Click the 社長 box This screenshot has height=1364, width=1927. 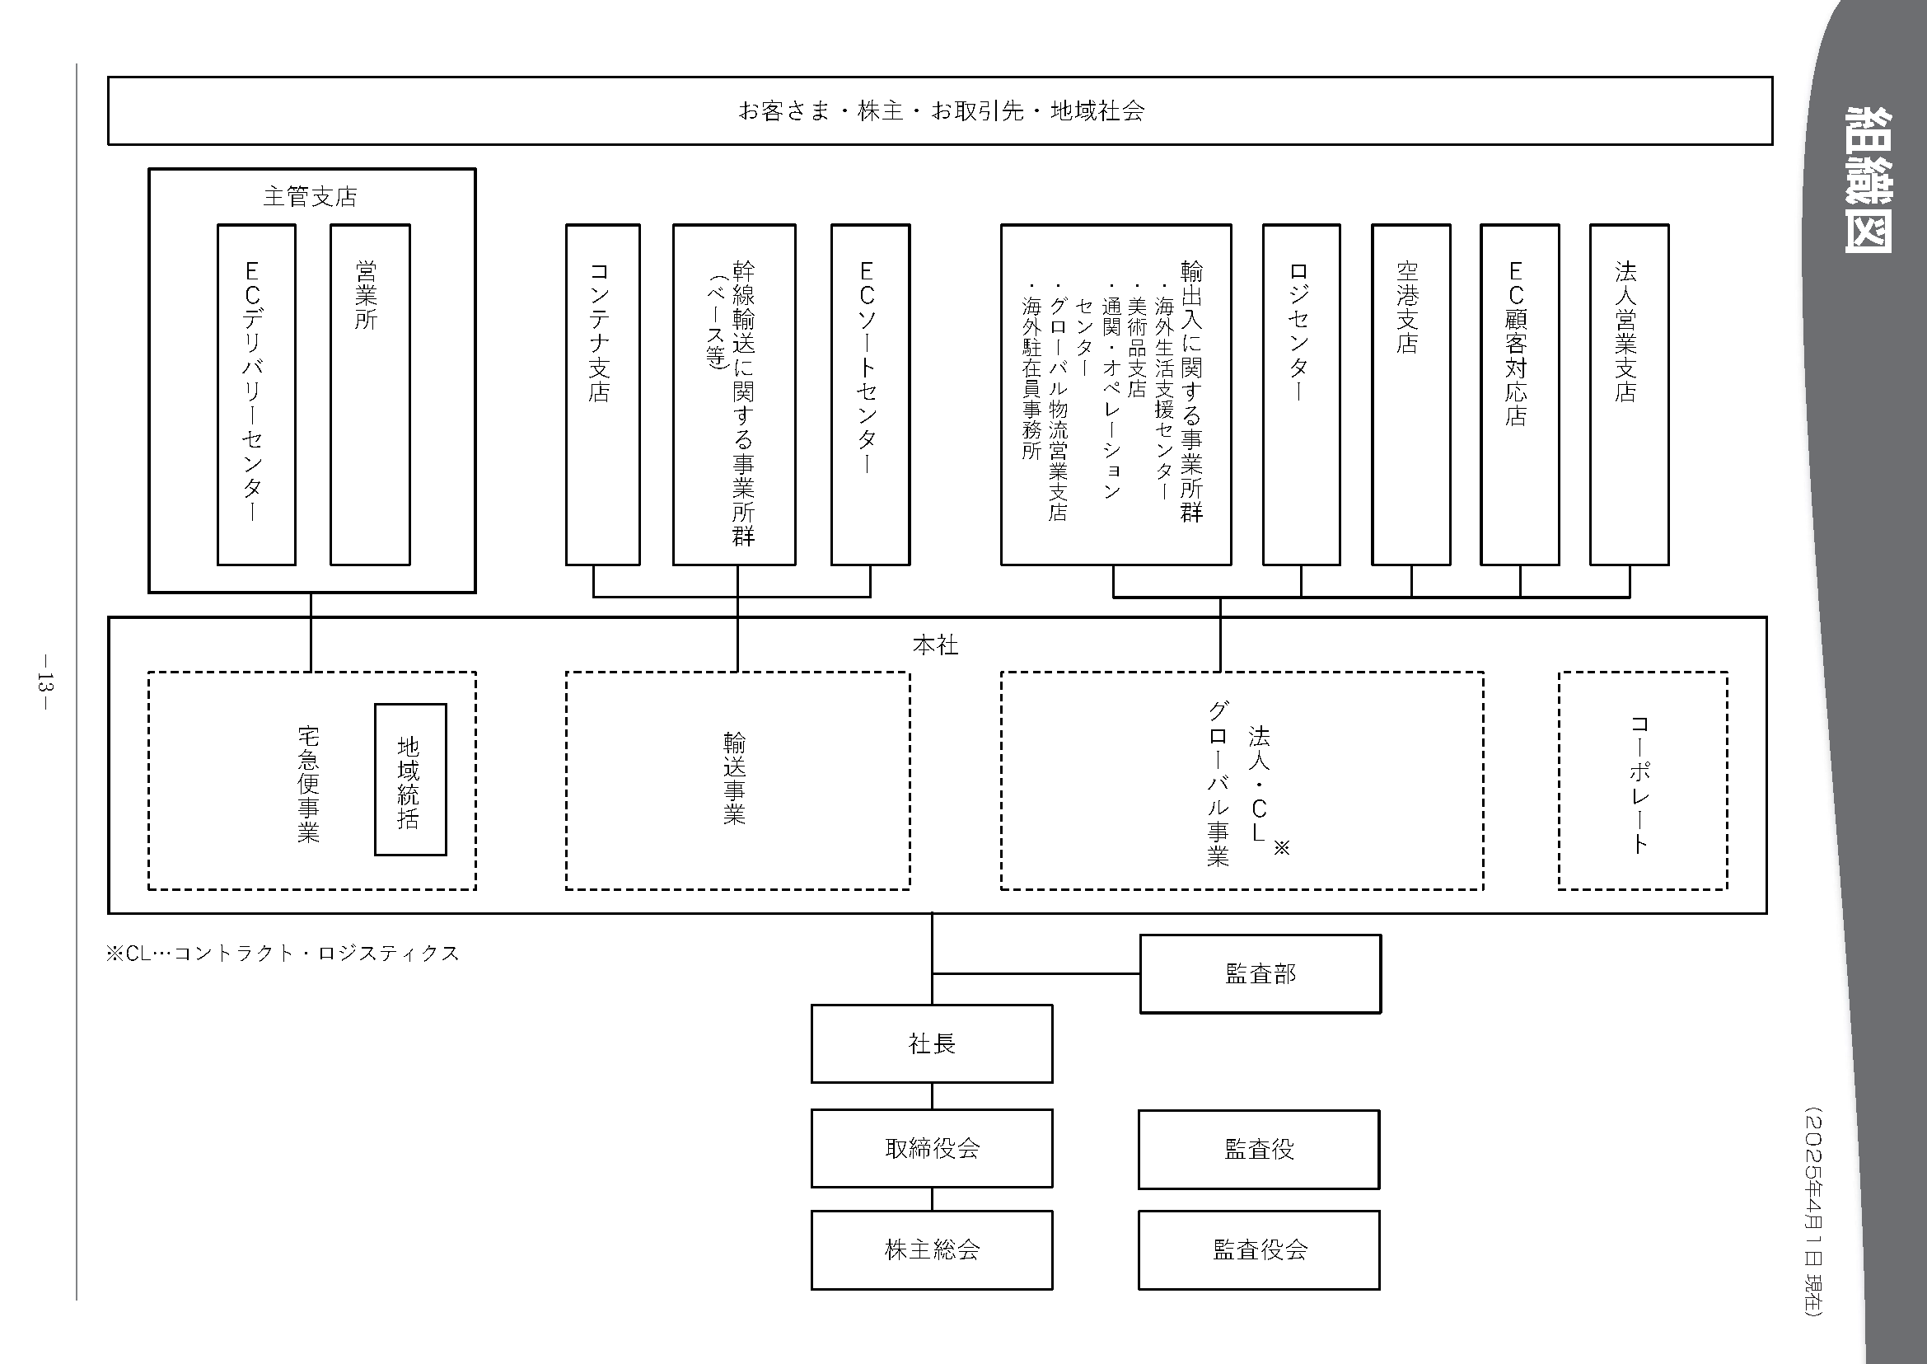click(x=931, y=1043)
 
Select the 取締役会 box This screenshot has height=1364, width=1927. click(x=931, y=1148)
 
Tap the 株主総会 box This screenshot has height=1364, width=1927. click(x=931, y=1249)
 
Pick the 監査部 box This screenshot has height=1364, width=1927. click(x=1260, y=973)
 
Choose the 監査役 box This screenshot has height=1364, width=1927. click(x=1259, y=1149)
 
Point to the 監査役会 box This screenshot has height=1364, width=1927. click(x=1259, y=1249)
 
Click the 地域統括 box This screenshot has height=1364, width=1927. click(x=409, y=780)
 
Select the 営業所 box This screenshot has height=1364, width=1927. click(x=369, y=394)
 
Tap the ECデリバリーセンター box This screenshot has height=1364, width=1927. click(x=256, y=394)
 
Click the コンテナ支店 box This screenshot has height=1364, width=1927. click(x=602, y=394)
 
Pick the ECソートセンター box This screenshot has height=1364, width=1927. click(x=870, y=394)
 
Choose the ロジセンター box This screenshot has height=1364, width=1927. click(x=1301, y=394)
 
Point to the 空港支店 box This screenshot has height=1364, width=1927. click(x=1410, y=394)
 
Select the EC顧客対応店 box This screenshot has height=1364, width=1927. click(x=1519, y=394)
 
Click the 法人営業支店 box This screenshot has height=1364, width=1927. click(x=1629, y=394)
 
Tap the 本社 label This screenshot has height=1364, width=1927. click(x=934, y=645)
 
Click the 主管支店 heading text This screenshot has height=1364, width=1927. click(x=311, y=196)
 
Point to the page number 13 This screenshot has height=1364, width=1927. click(x=44, y=682)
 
